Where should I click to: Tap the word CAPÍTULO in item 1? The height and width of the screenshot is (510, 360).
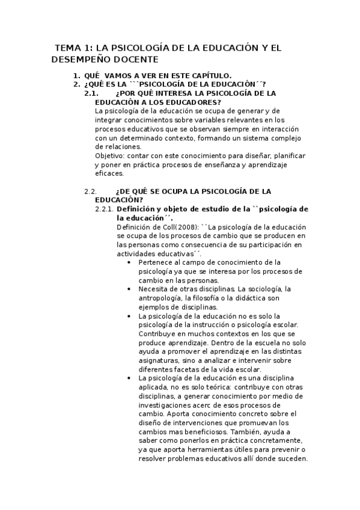(x=202, y=75)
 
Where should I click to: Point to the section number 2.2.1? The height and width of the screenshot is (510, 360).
(x=105, y=209)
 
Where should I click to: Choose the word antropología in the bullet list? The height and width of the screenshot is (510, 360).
(x=160, y=298)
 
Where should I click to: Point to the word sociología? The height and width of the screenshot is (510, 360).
(x=263, y=289)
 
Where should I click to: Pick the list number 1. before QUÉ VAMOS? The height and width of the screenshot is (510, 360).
(x=76, y=75)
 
